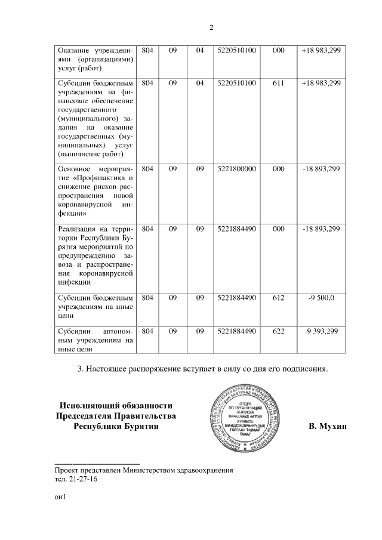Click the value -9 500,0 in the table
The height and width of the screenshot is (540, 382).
coord(322,297)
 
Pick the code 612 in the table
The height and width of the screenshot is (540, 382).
coord(278,297)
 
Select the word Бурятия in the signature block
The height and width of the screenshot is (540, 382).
coord(141,427)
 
